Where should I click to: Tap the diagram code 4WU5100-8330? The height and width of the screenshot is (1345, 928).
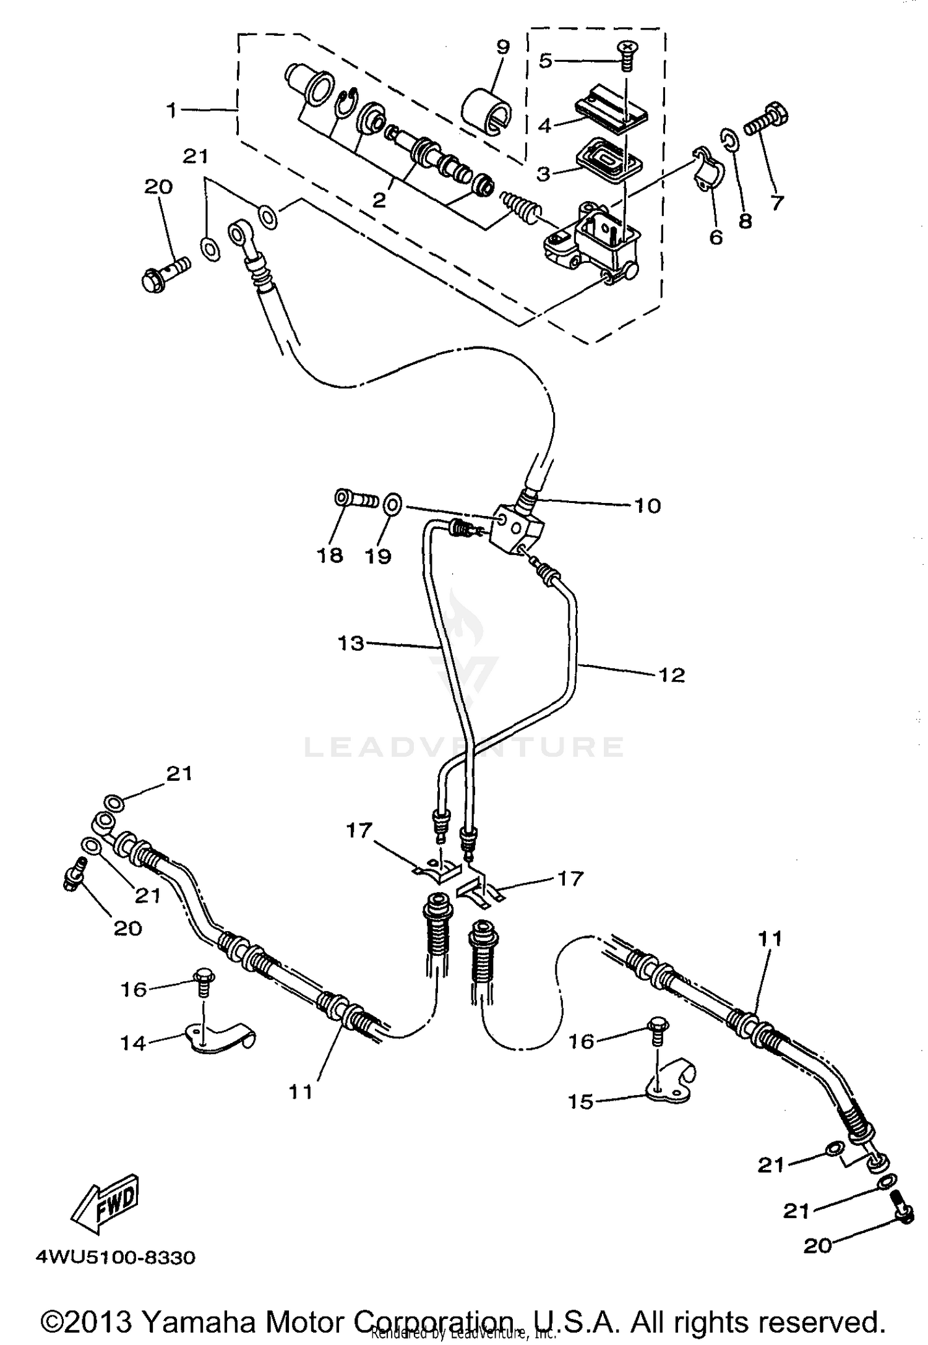point(116,1258)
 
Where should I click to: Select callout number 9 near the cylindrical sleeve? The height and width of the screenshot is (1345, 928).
point(502,48)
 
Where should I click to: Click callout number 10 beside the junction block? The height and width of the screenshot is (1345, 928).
point(647,505)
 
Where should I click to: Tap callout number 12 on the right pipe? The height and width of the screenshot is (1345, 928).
point(672,674)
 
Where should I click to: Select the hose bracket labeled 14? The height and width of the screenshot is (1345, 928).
point(221,1040)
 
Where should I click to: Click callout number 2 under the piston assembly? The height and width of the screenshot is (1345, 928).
point(379,200)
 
